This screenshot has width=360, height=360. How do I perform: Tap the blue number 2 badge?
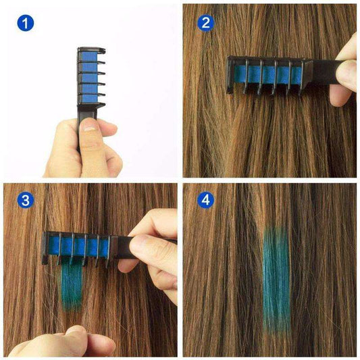click(206, 24)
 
